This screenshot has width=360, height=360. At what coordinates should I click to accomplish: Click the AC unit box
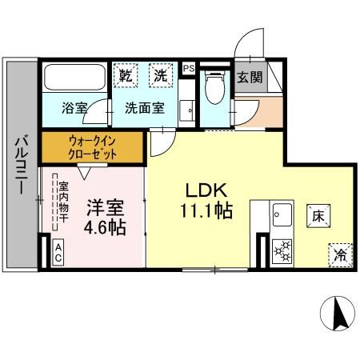[x=58, y=254]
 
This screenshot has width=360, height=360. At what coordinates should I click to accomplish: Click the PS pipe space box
[x=188, y=69]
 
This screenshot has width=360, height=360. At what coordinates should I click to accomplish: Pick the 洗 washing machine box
[x=162, y=77]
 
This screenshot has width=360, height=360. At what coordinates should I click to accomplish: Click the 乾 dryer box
[x=126, y=77]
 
